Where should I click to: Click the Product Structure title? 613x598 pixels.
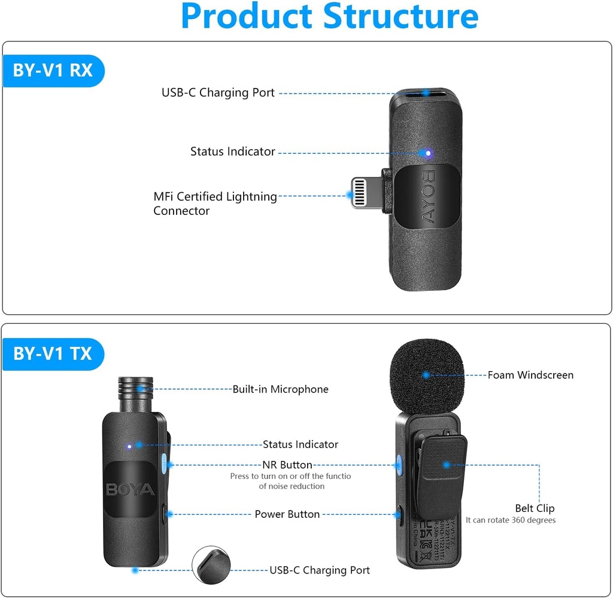[329, 17]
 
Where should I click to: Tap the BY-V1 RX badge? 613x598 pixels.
[53, 71]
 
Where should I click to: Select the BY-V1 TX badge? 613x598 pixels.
[53, 354]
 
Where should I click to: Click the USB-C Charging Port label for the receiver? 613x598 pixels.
[218, 93]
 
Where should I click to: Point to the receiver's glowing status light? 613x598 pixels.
[427, 153]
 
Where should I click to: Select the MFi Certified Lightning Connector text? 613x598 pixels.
[215, 204]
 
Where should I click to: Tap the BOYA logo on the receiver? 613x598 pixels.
[428, 197]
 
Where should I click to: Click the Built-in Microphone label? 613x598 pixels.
[280, 389]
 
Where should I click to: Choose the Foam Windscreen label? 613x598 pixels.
[530, 375]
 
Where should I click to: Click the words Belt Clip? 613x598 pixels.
[535, 508]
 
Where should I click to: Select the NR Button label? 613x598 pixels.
[287, 465]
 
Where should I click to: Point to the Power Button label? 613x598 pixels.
[287, 514]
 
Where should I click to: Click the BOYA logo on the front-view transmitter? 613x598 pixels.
[130, 490]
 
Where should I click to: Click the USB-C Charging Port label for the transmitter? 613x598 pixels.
[320, 570]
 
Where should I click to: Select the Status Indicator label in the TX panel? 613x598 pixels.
[301, 444]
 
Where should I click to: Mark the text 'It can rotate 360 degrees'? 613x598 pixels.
[511, 520]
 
